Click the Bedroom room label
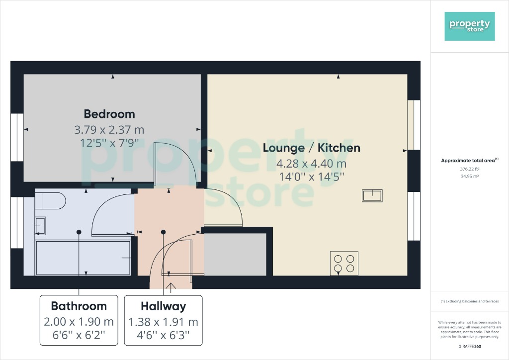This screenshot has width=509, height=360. [x=109, y=114]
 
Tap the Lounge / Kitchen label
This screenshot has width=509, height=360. [x=311, y=148]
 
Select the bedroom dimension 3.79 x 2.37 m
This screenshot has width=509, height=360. [x=109, y=130]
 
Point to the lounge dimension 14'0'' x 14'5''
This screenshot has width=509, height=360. [x=311, y=176]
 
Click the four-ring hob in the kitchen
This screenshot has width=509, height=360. [x=344, y=263]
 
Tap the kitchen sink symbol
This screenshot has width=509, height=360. [x=372, y=195]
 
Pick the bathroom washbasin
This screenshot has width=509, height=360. [x=41, y=227]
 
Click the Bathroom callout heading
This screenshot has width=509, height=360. [x=79, y=306]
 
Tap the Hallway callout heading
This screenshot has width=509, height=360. [x=163, y=306]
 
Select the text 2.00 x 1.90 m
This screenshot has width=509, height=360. [x=79, y=321]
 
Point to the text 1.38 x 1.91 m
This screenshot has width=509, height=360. [x=163, y=321]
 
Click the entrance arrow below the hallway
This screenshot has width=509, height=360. [x=171, y=288]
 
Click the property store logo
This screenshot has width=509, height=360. [x=470, y=26]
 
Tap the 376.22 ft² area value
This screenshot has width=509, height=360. [x=469, y=169]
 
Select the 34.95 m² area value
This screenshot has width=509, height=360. [x=469, y=176]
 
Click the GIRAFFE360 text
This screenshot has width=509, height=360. [x=470, y=347]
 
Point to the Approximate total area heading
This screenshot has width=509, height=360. [x=469, y=160]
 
